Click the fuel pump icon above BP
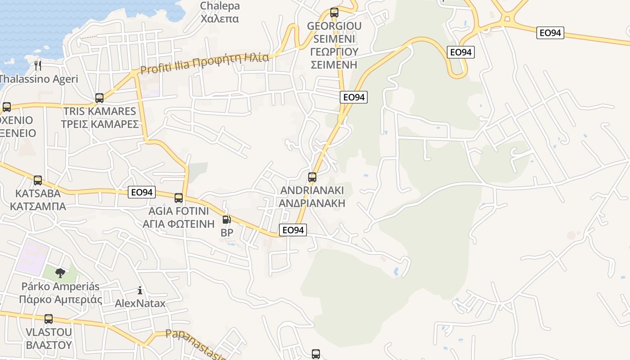coord(227,220)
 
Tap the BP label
coord(227,233)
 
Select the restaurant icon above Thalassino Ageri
coord(38,66)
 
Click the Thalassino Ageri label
coord(39,79)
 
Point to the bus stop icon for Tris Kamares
coord(99,98)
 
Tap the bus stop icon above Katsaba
coord(38,180)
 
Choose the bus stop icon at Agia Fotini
coord(179,198)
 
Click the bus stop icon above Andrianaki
coord(312,177)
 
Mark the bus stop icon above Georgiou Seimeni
coord(334,13)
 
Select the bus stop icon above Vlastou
coord(49,319)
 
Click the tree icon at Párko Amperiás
coord(60,273)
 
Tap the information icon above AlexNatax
coord(140,291)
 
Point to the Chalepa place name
coord(220,6)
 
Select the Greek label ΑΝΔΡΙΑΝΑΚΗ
coord(312,203)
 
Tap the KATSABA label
coord(38,193)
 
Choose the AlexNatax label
coord(140,303)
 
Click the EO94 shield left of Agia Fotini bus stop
coord(142,192)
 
